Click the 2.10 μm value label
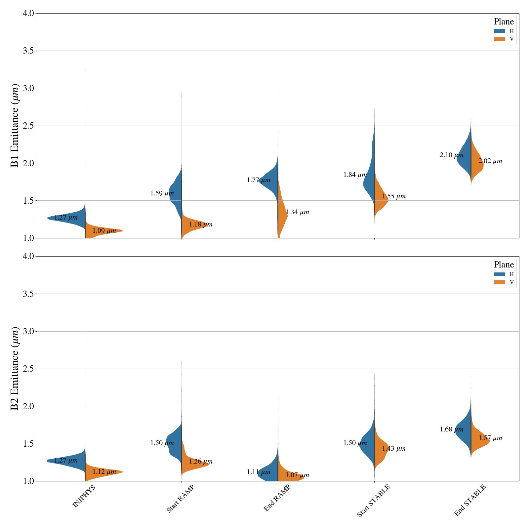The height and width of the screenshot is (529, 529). point(451,155)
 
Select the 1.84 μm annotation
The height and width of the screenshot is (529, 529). point(355,175)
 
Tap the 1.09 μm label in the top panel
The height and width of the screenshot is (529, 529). point(104,231)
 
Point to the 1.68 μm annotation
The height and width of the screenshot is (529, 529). point(451,430)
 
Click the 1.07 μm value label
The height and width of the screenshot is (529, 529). point(297,475)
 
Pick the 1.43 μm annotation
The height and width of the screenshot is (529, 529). point(394,449)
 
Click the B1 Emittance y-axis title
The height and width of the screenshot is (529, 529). point(15,126)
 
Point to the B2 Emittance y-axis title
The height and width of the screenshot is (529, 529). point(15,369)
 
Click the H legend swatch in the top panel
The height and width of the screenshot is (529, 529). point(500,31)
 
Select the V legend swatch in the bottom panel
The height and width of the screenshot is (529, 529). point(500,282)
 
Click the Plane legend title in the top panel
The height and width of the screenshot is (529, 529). point(504,22)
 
